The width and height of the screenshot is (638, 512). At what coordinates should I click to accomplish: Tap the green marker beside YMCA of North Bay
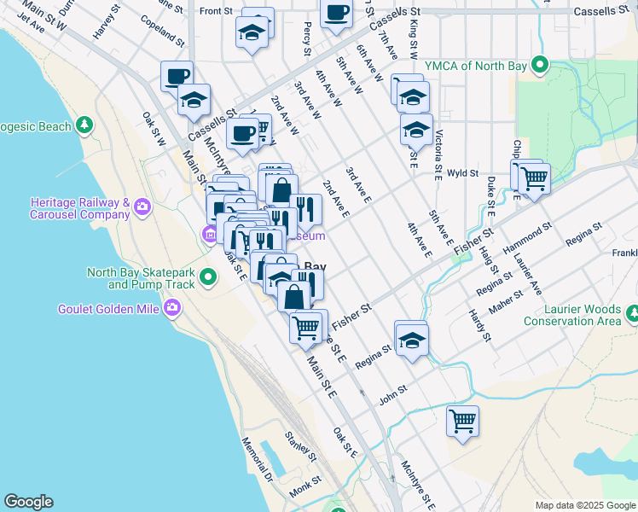click(x=540, y=64)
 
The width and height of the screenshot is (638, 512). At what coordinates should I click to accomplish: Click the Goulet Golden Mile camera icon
click(x=173, y=307)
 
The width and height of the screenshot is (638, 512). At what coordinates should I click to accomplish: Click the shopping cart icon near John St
click(x=462, y=421)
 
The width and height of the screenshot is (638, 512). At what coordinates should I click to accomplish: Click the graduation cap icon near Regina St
click(x=411, y=339)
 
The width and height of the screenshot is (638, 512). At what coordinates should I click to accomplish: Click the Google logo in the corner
click(x=28, y=502)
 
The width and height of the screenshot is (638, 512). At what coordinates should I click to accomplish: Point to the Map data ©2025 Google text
click(x=585, y=505)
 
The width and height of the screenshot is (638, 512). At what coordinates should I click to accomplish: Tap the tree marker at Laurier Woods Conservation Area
click(x=632, y=315)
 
